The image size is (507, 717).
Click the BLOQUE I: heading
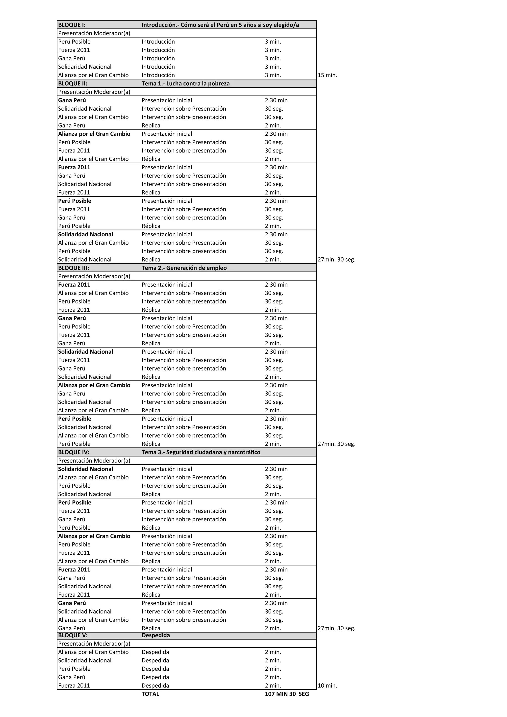[72, 25]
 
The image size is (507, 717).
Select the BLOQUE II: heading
[73, 83]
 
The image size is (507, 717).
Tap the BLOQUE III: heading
[74, 268]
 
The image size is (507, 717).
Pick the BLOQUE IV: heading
[74, 452]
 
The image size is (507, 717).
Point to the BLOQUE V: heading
[73, 635]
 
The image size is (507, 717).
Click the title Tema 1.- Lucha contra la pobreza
[186, 83]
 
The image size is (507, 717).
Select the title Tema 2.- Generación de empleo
[184, 268]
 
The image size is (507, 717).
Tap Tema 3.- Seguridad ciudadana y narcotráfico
[201, 452]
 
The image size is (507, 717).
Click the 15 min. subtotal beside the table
[327, 75]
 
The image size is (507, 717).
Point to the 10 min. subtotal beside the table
[327, 686]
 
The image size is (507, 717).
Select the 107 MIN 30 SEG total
[287, 694]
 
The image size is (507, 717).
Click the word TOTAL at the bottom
[150, 694]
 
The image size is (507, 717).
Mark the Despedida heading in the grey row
[155, 635]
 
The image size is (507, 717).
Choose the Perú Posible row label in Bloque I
[74, 42]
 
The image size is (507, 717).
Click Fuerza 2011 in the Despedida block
[74, 686]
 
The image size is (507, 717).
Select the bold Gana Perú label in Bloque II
[72, 100]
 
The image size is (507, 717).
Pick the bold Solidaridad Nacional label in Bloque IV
[86, 469]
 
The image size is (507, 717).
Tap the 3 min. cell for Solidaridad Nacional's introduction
[273, 67]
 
